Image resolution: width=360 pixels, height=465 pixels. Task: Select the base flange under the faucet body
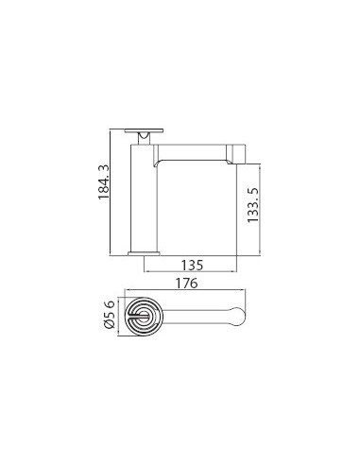(x=144, y=252)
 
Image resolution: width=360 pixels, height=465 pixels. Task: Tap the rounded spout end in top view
(x=238, y=321)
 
